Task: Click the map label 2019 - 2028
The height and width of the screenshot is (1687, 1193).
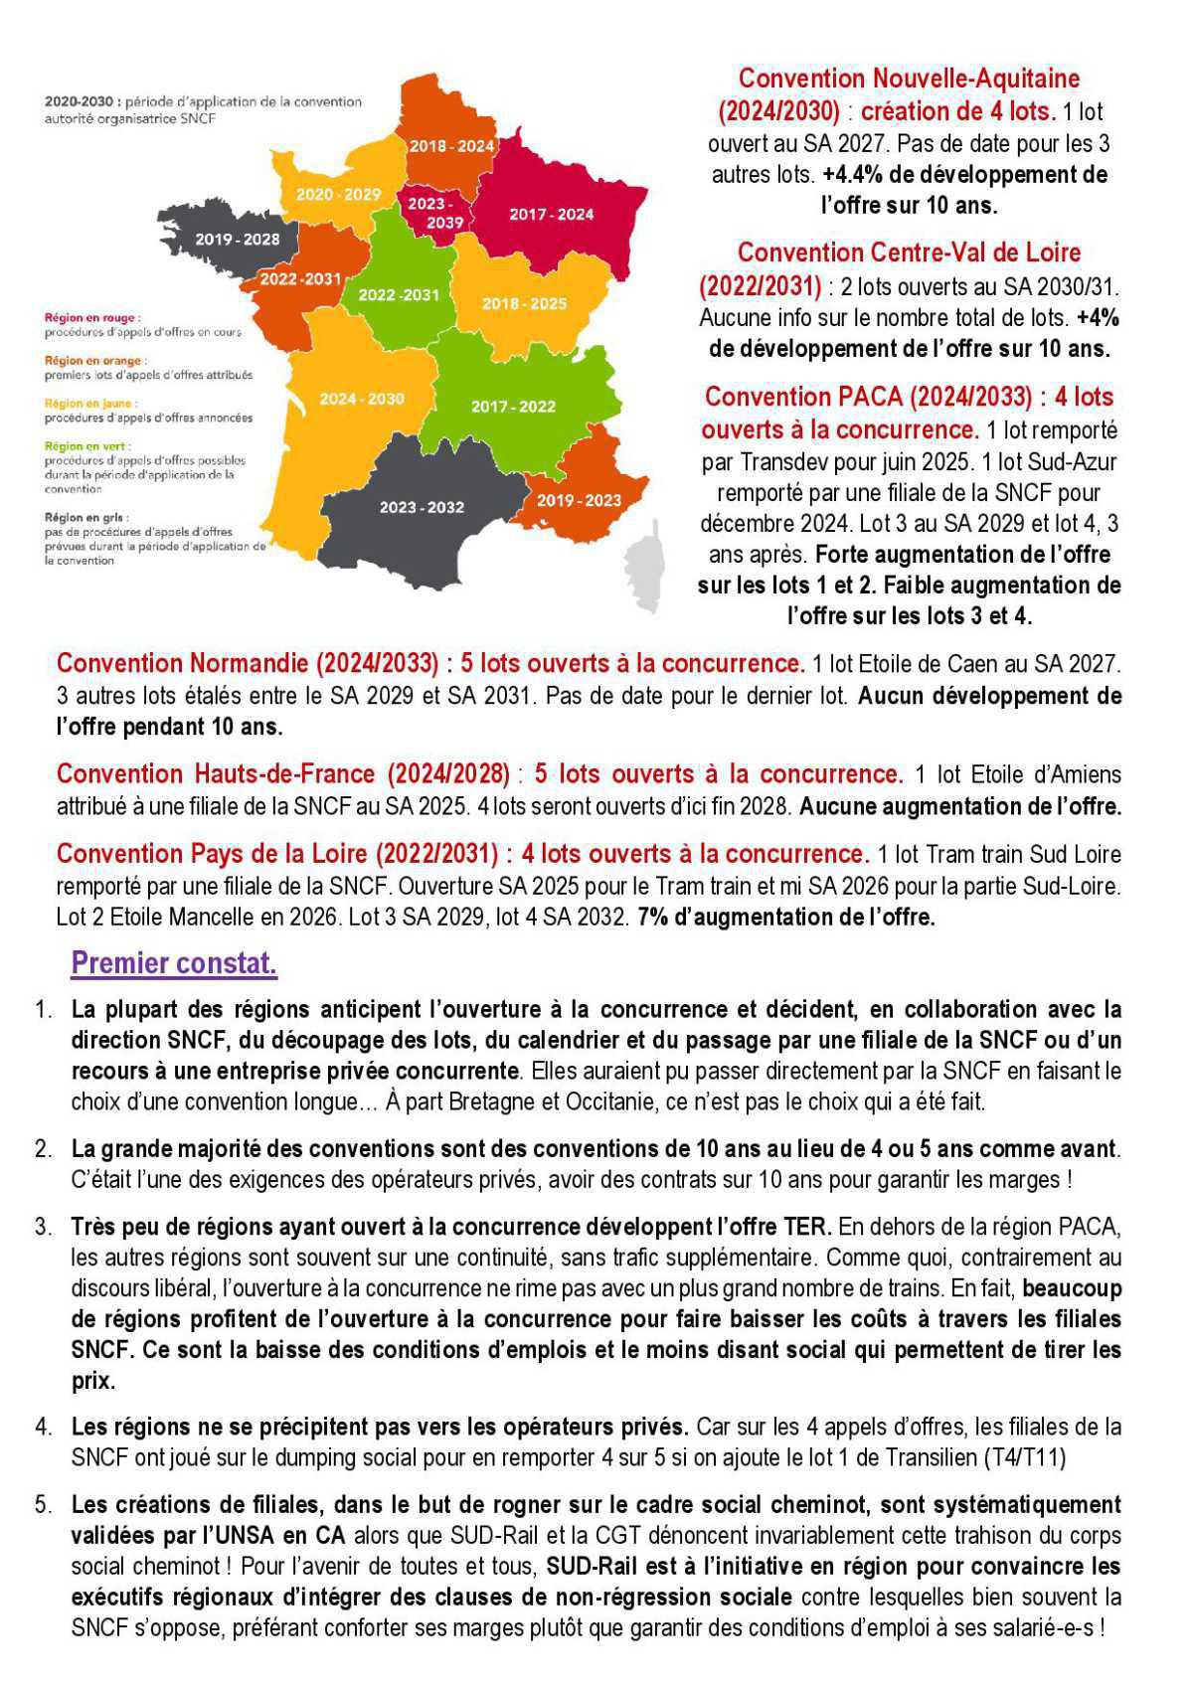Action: [237, 240]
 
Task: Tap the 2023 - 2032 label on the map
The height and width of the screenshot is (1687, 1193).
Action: [422, 507]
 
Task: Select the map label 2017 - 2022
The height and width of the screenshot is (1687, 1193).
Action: [513, 407]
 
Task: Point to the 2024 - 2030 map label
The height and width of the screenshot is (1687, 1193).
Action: [362, 399]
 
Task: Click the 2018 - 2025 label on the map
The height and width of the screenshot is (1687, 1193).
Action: [524, 303]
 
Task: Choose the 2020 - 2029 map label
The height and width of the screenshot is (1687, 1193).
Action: [338, 194]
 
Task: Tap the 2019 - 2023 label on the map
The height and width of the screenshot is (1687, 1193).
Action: [579, 500]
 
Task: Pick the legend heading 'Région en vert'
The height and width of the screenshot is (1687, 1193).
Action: [87, 446]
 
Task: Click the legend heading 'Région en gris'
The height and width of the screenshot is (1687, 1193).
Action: [85, 517]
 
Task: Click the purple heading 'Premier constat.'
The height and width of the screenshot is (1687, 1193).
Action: [174, 962]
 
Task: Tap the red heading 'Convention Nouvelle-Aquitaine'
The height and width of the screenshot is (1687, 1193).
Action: [909, 79]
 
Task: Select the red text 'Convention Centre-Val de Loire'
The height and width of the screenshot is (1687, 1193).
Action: [909, 253]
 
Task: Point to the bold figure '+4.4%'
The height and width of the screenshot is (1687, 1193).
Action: [851, 175]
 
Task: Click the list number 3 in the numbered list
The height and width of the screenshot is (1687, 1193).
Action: [43, 1226]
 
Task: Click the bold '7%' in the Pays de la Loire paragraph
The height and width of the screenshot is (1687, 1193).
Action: [653, 917]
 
